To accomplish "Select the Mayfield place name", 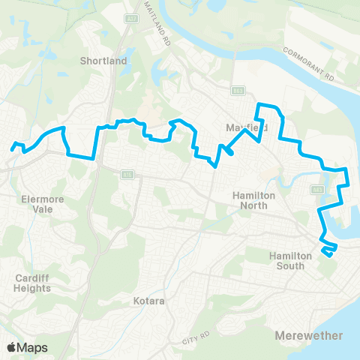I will point(247,128).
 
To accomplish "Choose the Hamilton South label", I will point(291,260).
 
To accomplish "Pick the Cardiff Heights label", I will point(32,282).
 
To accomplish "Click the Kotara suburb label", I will point(148,301).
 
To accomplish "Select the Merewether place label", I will point(308,334).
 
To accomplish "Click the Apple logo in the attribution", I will point(10,347).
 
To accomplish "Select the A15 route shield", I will point(127,174).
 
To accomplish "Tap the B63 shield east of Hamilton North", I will point(318,190).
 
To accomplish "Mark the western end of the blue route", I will point(13,149).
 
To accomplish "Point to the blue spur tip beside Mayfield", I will point(231,154).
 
